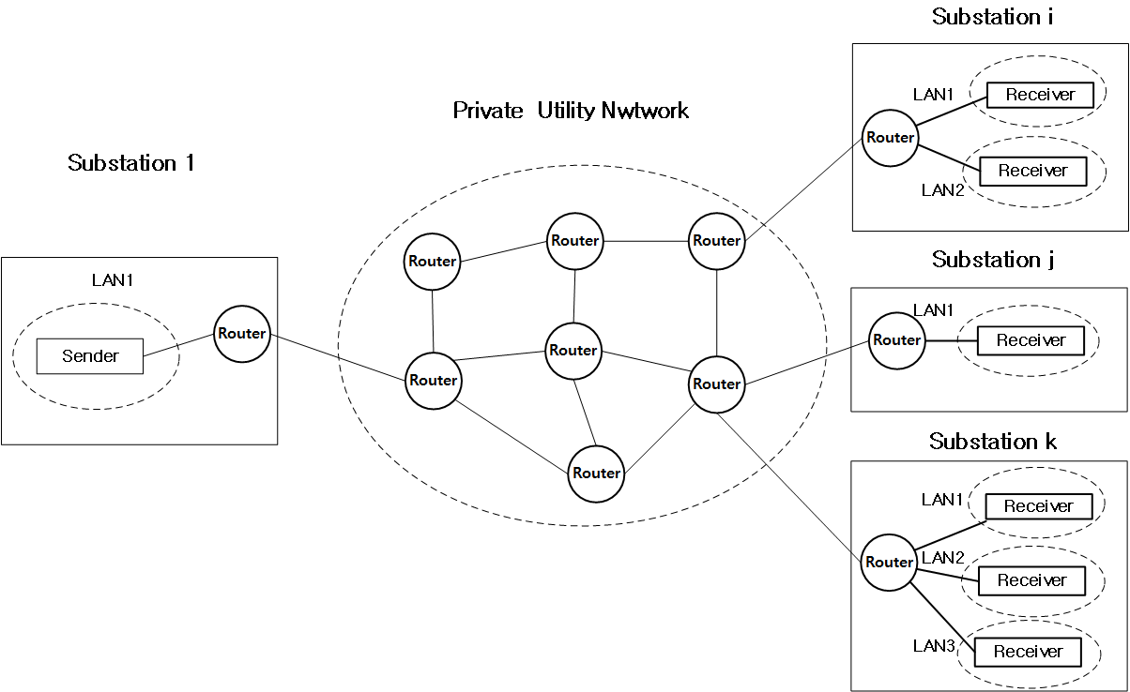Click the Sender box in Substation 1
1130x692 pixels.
coord(90,356)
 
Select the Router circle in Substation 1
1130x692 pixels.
coord(241,333)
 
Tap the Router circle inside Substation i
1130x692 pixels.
coord(890,138)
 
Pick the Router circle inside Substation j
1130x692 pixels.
coord(896,340)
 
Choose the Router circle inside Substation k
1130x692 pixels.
coord(889,563)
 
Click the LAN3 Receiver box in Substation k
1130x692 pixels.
coord(1028,652)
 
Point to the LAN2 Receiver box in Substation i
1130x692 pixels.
coord(1032,171)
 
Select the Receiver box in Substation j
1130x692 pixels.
coord(1031,340)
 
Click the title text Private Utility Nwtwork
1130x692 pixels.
coord(571,111)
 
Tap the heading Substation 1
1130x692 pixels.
coord(130,163)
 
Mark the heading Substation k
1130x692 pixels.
coord(993,441)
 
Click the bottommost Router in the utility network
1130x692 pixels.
coord(596,473)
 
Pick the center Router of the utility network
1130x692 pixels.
coord(573,350)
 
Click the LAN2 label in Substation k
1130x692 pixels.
coord(943,558)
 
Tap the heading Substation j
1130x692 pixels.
coord(993,260)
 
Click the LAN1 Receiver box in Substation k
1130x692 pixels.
coord(1038,506)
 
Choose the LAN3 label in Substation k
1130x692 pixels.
coord(935,645)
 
